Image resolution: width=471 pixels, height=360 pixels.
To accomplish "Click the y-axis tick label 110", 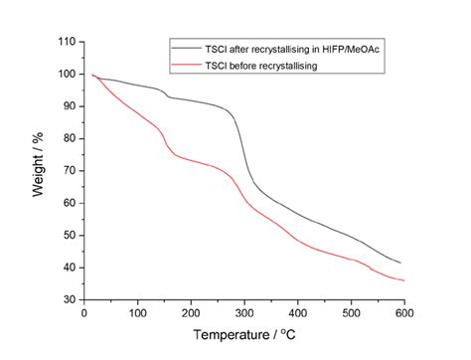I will point(66,42).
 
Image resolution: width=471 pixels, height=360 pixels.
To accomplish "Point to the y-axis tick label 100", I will point(66,74).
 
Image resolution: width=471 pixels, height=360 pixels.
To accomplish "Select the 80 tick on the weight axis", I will point(69,138).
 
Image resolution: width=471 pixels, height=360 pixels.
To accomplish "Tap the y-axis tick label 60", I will point(69,203).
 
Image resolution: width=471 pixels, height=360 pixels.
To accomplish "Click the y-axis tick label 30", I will point(69,299).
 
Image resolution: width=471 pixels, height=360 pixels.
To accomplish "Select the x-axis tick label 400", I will point(296,313).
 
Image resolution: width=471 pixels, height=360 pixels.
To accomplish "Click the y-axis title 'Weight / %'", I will point(39,171).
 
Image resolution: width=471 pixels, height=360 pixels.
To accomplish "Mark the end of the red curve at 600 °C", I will point(402,280).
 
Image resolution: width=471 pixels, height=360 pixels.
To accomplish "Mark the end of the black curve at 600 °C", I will point(400,263).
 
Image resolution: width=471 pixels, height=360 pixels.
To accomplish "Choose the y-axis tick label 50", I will point(69,235).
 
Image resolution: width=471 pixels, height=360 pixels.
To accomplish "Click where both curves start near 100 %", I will point(93,76).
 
